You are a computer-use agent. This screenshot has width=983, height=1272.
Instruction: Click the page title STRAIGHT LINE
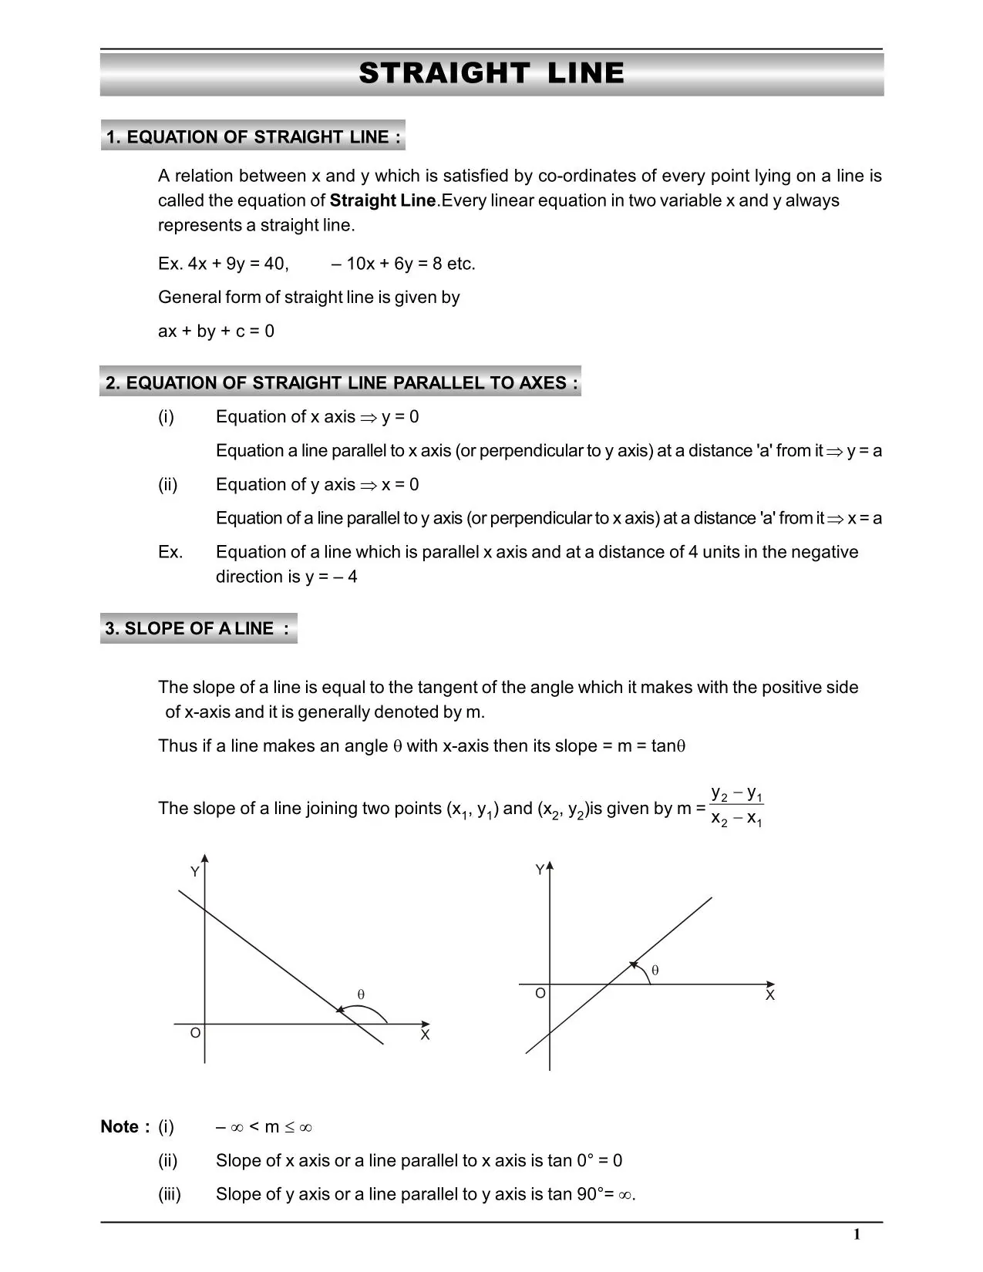(491, 73)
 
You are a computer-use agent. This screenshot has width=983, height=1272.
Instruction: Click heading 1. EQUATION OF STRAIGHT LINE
(253, 137)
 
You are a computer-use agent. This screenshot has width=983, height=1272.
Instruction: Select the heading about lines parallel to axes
(341, 383)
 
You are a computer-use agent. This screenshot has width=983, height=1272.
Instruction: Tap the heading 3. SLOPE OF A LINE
(197, 628)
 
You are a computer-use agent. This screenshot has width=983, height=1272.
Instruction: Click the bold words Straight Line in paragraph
(382, 200)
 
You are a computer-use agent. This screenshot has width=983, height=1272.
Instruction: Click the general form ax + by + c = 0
(216, 331)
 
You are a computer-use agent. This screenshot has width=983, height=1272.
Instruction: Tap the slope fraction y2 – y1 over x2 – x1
(736, 806)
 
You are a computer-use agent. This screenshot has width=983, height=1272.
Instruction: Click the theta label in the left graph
(361, 994)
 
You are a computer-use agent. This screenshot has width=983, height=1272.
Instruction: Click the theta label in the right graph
(655, 971)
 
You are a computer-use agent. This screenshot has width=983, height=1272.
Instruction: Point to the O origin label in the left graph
(196, 1032)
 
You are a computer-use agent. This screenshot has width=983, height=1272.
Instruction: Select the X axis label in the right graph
(769, 995)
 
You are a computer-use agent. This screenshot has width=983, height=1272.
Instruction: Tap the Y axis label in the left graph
(195, 872)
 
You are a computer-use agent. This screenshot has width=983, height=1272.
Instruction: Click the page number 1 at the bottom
(857, 1234)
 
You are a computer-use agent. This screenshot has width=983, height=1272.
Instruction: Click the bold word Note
(120, 1127)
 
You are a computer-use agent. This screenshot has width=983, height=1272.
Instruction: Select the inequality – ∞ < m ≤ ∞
(264, 1127)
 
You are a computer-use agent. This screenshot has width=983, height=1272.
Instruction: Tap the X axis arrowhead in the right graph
(770, 984)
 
